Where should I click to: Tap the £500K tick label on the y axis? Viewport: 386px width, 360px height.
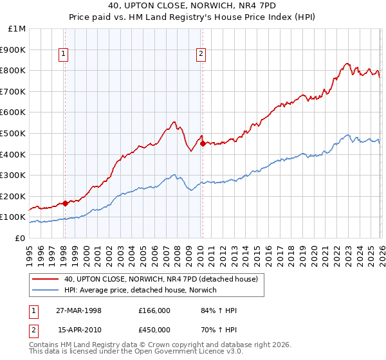click(x=13, y=133)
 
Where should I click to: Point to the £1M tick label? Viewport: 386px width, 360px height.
click(x=16, y=28)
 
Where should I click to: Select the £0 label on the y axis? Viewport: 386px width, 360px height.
click(x=19, y=238)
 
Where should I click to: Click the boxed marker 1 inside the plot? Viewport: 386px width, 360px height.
click(x=64, y=55)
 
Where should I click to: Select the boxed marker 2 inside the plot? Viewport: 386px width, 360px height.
click(x=201, y=55)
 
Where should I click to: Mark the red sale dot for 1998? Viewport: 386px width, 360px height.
click(x=66, y=203)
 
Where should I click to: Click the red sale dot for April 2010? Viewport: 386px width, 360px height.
click(x=203, y=144)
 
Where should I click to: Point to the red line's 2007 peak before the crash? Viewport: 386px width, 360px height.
click(x=174, y=121)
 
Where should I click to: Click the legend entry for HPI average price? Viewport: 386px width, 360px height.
click(x=140, y=290)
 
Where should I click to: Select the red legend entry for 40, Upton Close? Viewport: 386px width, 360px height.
click(x=160, y=279)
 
